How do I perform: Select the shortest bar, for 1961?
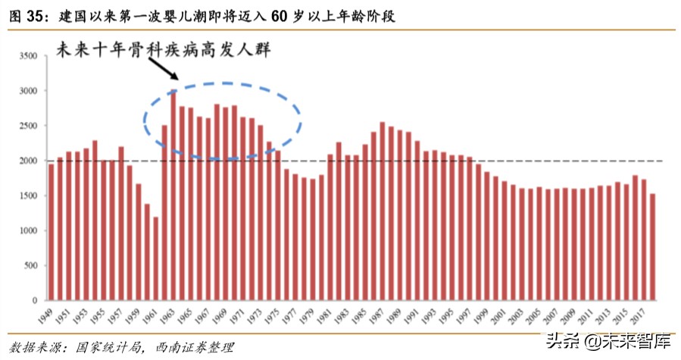point(155,258)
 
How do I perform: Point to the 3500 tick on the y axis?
point(27,56)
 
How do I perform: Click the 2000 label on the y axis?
point(27,161)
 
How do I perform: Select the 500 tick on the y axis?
point(30,266)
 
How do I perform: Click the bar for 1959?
point(138,242)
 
